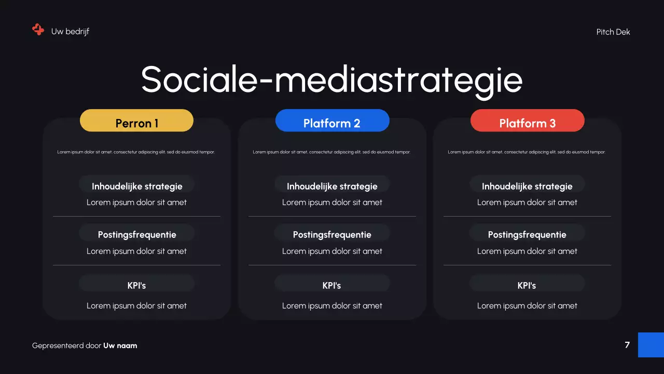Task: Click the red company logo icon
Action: pos(38,30)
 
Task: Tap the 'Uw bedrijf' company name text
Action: pos(70,32)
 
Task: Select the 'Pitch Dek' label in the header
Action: pos(613,32)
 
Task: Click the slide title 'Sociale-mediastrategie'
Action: pos(331,79)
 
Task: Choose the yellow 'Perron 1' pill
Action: pos(136,121)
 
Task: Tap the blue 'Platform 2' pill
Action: pos(332,121)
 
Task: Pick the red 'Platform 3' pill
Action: pos(527,121)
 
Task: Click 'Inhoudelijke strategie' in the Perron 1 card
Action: pos(137,186)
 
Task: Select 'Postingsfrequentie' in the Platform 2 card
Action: pos(332,235)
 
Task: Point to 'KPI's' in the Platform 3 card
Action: pos(527,285)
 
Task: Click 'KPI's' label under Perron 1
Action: pos(137,285)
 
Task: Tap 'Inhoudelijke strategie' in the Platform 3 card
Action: pos(527,186)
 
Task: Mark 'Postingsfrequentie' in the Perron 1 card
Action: pos(137,235)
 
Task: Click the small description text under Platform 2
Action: pos(331,152)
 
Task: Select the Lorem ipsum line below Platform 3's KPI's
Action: pos(527,306)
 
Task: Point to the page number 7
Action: pos(627,345)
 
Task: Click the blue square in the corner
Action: pos(651,345)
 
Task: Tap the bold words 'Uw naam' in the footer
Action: pos(120,345)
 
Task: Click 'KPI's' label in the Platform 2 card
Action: pos(332,285)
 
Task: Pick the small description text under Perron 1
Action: pos(136,152)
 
